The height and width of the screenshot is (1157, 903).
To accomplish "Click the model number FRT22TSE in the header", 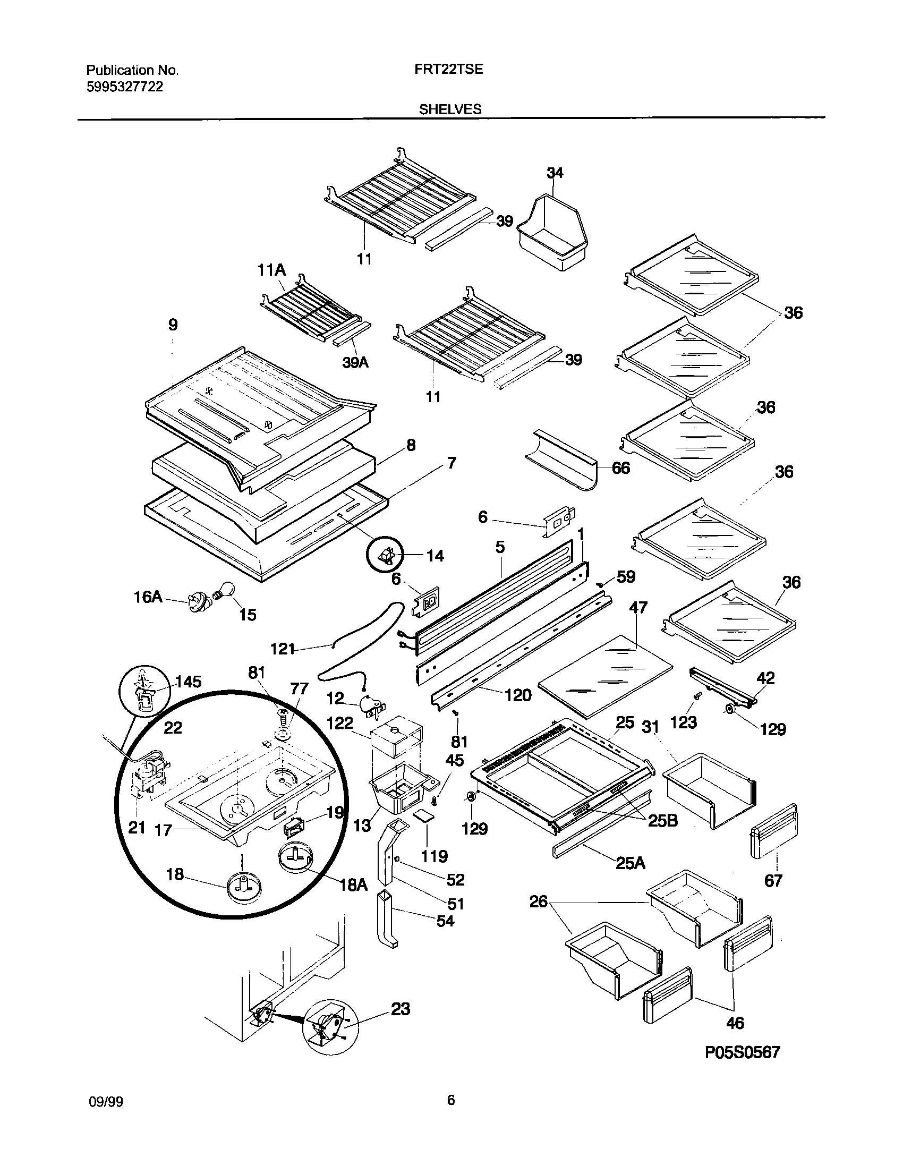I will coord(448,69).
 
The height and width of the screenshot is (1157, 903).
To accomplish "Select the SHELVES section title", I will coord(450,109).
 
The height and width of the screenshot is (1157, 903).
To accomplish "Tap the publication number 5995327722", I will coord(124,87).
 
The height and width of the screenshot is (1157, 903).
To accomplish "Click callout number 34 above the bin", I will coord(555,173).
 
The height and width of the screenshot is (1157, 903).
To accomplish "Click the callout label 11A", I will coord(271,271).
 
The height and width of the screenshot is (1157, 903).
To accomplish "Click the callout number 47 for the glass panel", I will coord(638,607).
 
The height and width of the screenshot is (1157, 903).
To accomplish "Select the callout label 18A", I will coord(353,884).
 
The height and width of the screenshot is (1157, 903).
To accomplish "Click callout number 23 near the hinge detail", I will coord(401,1009).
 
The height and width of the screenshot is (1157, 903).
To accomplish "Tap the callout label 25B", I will coord(662,821).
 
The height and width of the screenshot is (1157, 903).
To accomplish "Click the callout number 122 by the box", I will coord(340,723).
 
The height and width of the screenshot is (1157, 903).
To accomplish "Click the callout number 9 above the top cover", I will coord(173,325).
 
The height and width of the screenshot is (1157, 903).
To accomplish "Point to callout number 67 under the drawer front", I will coord(773,881).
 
